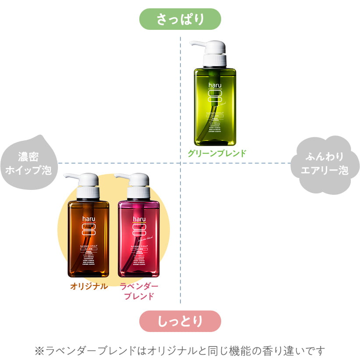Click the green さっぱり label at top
(x=180, y=20)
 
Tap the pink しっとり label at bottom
(x=180, y=321)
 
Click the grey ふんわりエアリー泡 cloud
(x=325, y=164)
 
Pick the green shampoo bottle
(x=214, y=105)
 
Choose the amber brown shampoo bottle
(x=88, y=237)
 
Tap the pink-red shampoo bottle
(x=138, y=237)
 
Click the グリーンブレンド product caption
(x=217, y=153)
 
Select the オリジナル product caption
(x=89, y=286)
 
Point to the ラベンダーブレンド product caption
(x=139, y=291)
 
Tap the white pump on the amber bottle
(x=86, y=185)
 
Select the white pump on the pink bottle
(x=135, y=185)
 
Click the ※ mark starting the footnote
(x=39, y=351)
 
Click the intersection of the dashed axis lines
(x=180, y=163)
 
